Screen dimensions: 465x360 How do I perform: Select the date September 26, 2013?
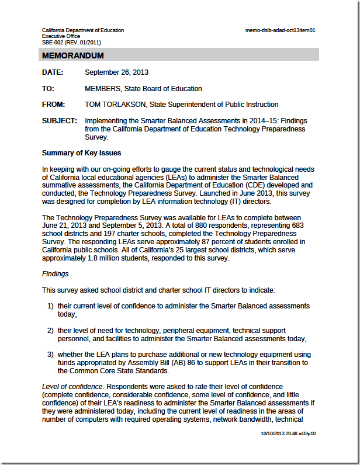(116, 72)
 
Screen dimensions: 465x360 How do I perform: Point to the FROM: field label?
(54, 105)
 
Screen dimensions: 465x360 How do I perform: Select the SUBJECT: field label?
(60, 121)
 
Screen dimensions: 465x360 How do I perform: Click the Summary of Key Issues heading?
(81, 153)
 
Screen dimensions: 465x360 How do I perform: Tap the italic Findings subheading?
(56, 273)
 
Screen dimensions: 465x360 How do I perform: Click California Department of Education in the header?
(82, 30)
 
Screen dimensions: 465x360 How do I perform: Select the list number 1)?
(51, 306)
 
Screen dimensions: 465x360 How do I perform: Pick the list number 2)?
(51, 331)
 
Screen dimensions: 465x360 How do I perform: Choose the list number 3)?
(51, 355)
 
